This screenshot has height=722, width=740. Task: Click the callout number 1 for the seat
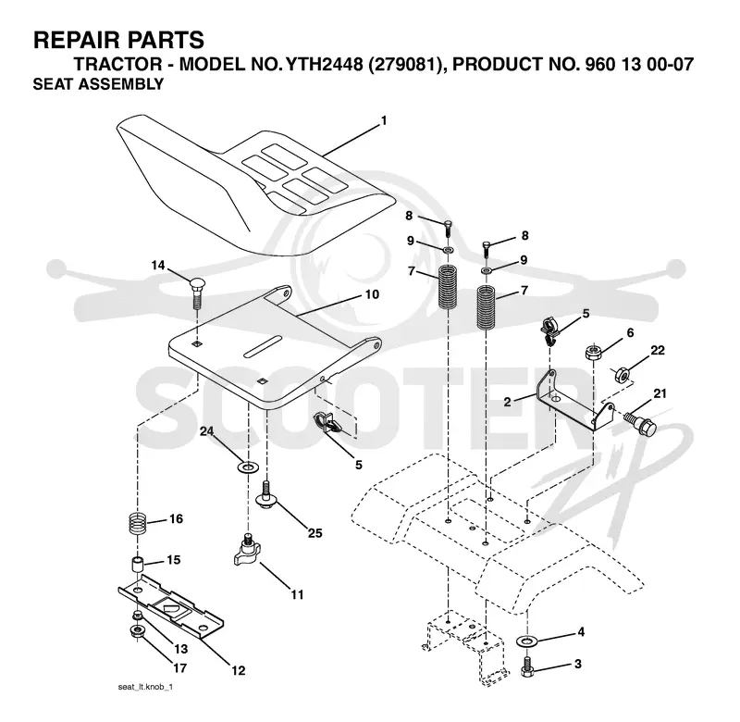click(x=384, y=121)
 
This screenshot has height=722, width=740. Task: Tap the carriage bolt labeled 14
click(x=196, y=293)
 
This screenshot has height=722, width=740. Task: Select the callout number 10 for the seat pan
click(x=372, y=294)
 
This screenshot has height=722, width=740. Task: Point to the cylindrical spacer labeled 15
click(x=137, y=566)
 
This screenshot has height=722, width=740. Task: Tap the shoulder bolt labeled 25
click(x=266, y=494)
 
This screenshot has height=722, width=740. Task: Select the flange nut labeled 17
click(x=137, y=631)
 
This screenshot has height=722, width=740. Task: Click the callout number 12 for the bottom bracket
click(x=239, y=669)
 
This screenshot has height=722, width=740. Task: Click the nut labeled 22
click(x=622, y=375)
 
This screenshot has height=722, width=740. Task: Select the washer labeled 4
click(x=526, y=641)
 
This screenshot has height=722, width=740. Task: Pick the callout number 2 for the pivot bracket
click(x=507, y=402)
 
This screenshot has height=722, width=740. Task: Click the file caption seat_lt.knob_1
click(x=145, y=687)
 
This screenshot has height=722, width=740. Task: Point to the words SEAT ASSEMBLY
click(x=98, y=84)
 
